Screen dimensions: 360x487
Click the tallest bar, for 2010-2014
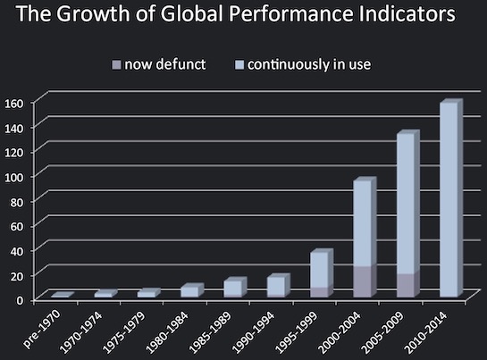pyautogui.click(x=449, y=201)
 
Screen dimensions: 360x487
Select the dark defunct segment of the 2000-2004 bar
pyautogui.click(x=363, y=281)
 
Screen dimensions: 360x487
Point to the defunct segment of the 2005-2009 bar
pyautogui.click(x=406, y=285)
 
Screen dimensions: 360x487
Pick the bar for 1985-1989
pyautogui.click(x=231, y=289)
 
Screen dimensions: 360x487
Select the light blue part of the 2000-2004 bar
pyautogui.click(x=363, y=223)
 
